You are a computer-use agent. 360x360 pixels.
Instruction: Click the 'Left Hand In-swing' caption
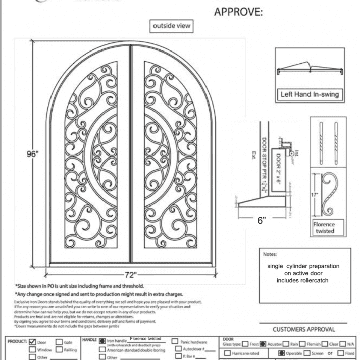point(308,94)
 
